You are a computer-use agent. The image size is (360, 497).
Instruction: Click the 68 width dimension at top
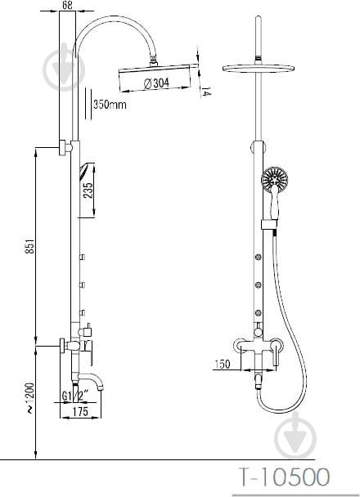pyautogui.click(x=67, y=5)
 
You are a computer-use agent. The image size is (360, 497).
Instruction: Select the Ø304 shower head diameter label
pyautogui.click(x=156, y=83)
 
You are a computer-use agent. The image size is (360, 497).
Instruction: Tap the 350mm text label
pyautogui.click(x=110, y=105)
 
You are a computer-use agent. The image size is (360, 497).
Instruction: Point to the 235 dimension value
pyautogui.click(x=88, y=190)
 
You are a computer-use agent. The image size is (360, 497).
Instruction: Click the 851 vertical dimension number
pyautogui.click(x=29, y=246)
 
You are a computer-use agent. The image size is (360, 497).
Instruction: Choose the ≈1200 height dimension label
pyautogui.click(x=30, y=398)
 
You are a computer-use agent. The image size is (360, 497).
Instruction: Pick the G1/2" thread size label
pyautogui.click(x=75, y=396)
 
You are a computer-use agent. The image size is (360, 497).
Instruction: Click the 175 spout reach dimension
pyautogui.click(x=80, y=411)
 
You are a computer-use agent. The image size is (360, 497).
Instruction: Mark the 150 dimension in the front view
pyautogui.click(x=222, y=365)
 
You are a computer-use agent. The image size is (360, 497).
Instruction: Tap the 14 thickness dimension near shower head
pyautogui.click(x=206, y=91)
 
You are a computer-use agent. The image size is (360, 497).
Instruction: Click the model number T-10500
pyautogui.click(x=284, y=477)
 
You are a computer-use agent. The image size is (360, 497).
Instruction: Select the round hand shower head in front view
pyautogui.click(x=275, y=180)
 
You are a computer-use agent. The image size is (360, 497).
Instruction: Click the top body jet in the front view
pyautogui.click(x=259, y=257)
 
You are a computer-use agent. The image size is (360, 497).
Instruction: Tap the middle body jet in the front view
pyautogui.click(x=259, y=285)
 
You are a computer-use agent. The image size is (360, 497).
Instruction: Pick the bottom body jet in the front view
pyautogui.click(x=259, y=313)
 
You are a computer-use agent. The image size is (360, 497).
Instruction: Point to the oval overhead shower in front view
pyautogui.click(x=259, y=68)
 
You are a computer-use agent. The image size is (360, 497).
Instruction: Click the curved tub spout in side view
pyautogui.click(x=92, y=380)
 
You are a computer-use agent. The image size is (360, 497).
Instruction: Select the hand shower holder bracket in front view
pyautogui.click(x=269, y=224)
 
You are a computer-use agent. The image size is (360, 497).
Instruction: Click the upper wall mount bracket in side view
pyautogui.click(x=65, y=148)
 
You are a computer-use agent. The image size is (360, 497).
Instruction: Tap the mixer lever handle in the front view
pyautogui.click(x=277, y=355)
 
